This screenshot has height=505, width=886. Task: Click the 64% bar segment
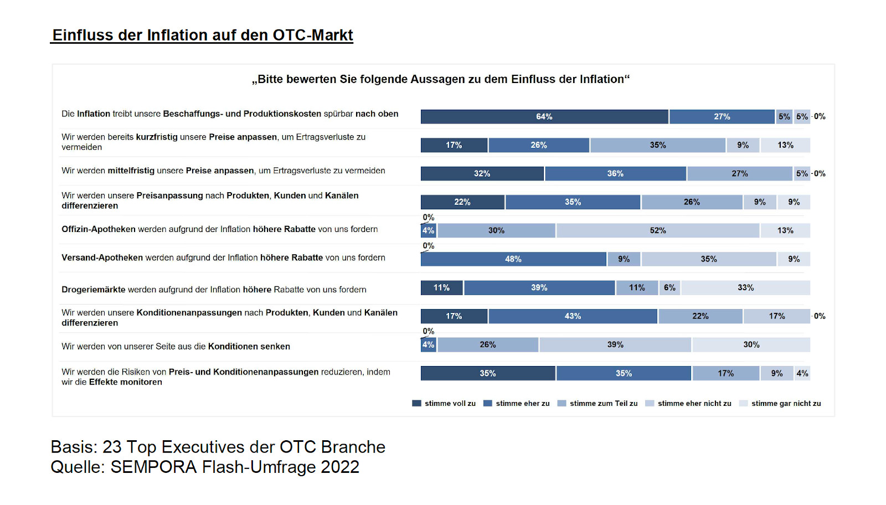click(x=544, y=117)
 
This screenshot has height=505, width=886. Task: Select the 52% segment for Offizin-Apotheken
click(x=658, y=230)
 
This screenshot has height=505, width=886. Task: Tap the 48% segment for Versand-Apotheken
click(x=513, y=259)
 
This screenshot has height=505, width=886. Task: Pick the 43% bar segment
click(x=573, y=316)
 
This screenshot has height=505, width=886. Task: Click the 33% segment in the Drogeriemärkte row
click(x=745, y=288)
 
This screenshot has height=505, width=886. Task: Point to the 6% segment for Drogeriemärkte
click(x=669, y=288)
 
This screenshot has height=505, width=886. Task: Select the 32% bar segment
click(x=482, y=174)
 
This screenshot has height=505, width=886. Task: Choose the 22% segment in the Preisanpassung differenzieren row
click(x=462, y=202)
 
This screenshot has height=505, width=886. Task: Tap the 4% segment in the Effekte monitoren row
click(x=802, y=373)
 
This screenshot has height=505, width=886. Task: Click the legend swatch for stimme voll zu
click(x=416, y=404)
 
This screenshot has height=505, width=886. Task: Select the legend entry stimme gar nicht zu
click(x=786, y=404)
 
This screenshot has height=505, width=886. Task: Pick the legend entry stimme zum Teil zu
click(x=604, y=404)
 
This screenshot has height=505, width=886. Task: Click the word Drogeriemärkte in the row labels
click(x=94, y=290)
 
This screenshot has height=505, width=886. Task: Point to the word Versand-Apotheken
click(x=102, y=257)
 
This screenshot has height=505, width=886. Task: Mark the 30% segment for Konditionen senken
click(x=751, y=345)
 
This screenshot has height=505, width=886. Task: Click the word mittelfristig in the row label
click(x=131, y=171)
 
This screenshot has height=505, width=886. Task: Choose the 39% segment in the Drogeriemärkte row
click(x=539, y=288)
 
